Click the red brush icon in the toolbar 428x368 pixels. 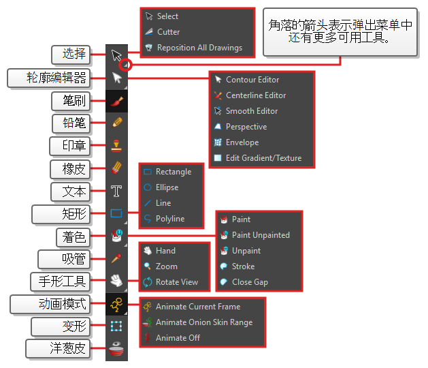pyautogui.click(x=116, y=101)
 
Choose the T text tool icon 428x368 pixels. pyautogui.click(x=116, y=191)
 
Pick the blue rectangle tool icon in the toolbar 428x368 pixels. pyautogui.click(x=116, y=213)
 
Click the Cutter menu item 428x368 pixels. pyautogui.click(x=168, y=32)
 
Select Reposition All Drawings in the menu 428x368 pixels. pyautogui.click(x=199, y=48)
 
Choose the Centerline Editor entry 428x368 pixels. pyautogui.click(x=255, y=95)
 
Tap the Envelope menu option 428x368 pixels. pyautogui.click(x=242, y=142)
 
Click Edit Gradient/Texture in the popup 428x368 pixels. pyautogui.click(x=263, y=158)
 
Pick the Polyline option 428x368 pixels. pyautogui.click(x=169, y=219)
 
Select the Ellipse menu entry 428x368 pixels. pyautogui.click(x=167, y=187)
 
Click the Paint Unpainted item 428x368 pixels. pyautogui.click(x=260, y=235)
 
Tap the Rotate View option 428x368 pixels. pyautogui.click(x=176, y=282)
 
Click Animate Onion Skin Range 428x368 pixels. pyautogui.click(x=203, y=322)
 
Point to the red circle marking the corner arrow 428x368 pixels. pyautogui.click(x=125, y=65)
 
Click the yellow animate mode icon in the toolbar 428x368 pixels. pyautogui.click(x=116, y=304)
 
